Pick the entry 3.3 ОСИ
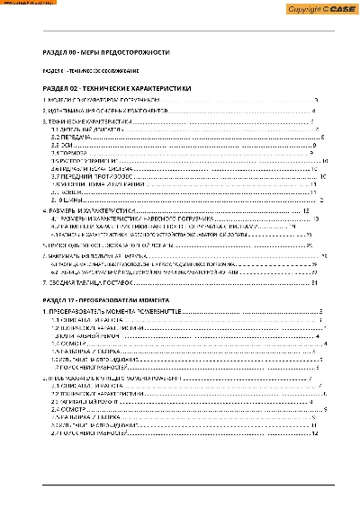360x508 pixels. pyautogui.click(x=60, y=144)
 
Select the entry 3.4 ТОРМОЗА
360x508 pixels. pyautogui.click(x=67, y=153)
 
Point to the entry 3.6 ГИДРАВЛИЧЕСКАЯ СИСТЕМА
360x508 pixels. pyautogui.click(x=90, y=168)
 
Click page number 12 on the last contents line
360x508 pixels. pyautogui.click(x=315, y=433)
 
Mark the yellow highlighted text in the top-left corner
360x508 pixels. pyautogui.click(x=28, y=4)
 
